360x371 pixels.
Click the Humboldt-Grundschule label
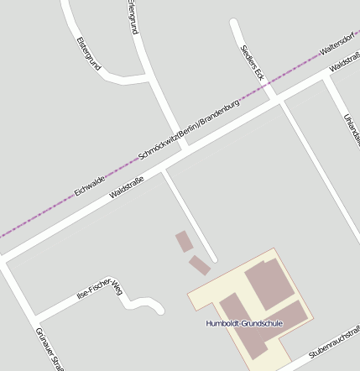(244, 323)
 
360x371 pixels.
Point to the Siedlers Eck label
(252, 62)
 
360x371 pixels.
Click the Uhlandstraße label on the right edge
(352, 130)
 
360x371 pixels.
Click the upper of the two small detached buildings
(184, 242)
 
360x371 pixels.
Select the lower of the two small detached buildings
(199, 265)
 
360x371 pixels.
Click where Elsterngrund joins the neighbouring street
(150, 78)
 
